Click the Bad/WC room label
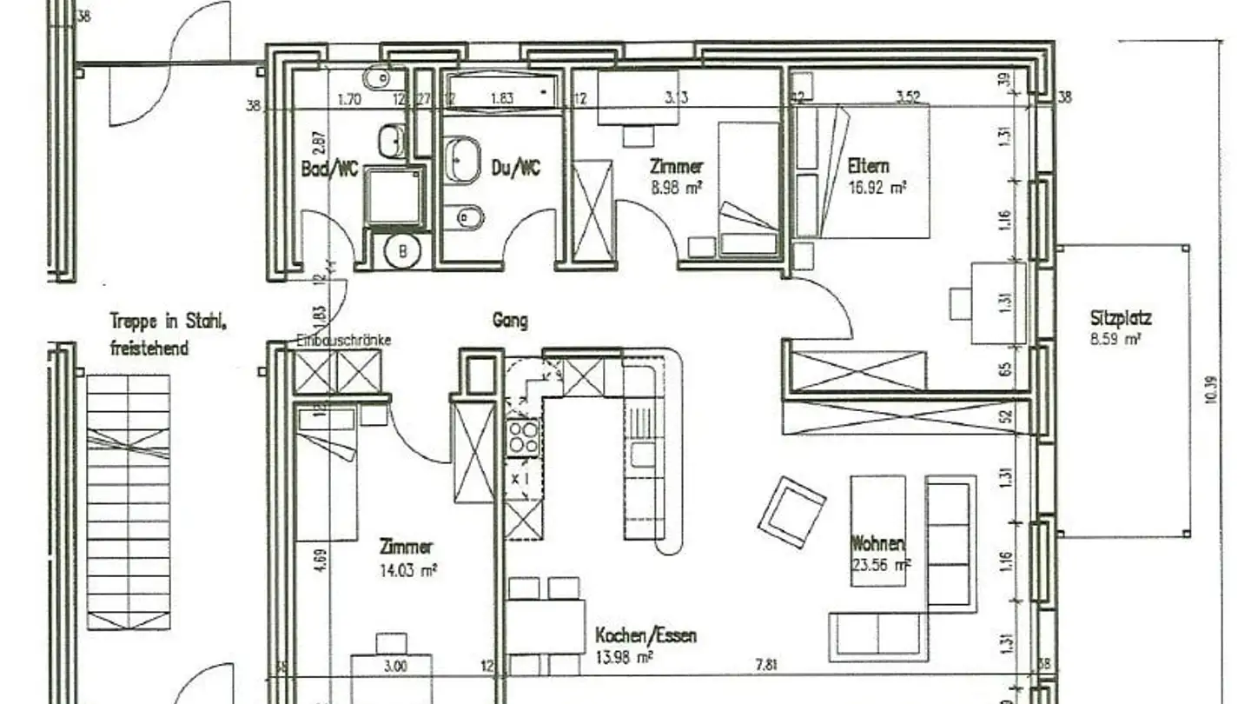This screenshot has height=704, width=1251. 329,169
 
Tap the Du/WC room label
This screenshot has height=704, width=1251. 516,168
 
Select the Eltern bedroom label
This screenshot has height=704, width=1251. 869,165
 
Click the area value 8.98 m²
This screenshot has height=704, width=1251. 676,186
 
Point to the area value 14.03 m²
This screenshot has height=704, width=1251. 407,570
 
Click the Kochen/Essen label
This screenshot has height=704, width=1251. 645,635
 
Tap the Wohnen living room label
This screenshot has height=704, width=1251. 877,545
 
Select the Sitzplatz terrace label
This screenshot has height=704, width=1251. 1121,319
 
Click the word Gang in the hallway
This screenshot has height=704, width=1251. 510,321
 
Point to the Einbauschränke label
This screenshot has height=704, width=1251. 344,340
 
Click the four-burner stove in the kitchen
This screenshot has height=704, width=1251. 523,436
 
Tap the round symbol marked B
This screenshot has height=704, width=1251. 402,251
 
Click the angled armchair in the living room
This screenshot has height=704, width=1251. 791,512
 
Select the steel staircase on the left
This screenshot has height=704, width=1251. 129,501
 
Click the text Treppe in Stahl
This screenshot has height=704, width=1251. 169,321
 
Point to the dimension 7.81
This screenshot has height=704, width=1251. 765,666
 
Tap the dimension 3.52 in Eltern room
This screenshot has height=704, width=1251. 907,97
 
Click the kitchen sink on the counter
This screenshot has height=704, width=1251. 644,454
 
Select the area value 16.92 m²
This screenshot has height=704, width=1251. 877,186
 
